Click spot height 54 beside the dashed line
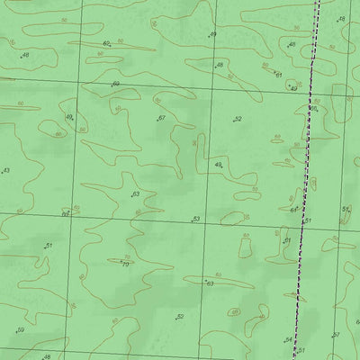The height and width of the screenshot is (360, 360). [x=287, y=340]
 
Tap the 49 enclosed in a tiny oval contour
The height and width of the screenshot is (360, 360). [x=292, y=87]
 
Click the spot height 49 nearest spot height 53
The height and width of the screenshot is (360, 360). [x=217, y=166]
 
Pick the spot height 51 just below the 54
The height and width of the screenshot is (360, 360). [x=300, y=350]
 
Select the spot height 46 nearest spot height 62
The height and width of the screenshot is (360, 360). [x=23, y=56]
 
